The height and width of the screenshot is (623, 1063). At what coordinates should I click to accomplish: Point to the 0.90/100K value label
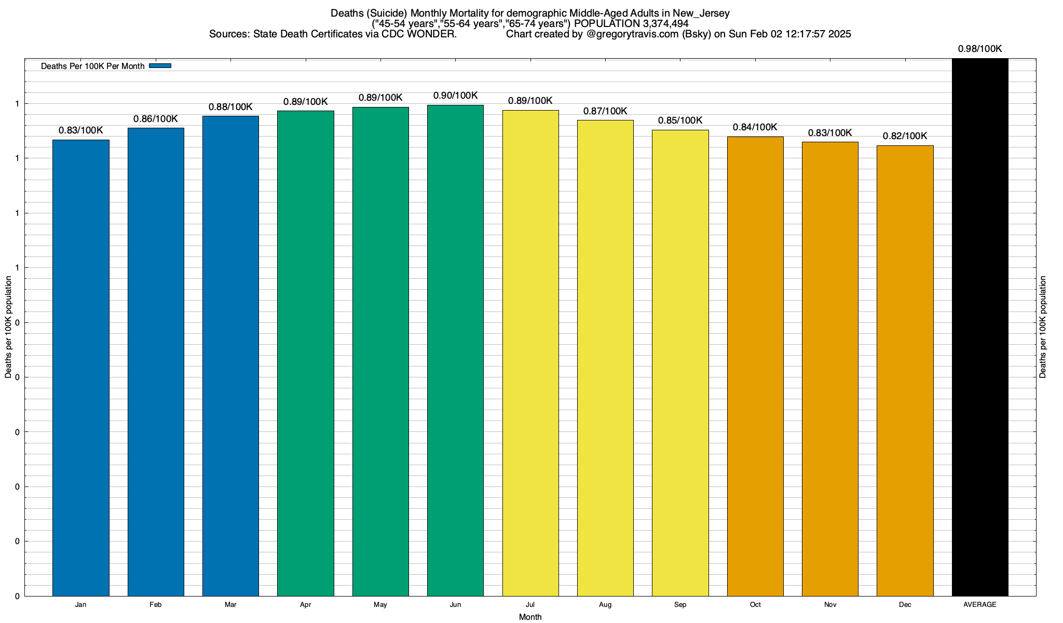point(455,96)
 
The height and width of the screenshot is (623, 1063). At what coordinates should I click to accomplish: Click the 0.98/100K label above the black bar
point(980,49)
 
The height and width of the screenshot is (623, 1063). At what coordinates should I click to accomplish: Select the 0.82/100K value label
point(905,136)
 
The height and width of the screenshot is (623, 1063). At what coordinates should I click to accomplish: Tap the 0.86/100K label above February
point(156,119)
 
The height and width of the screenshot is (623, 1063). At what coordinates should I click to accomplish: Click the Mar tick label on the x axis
point(230,605)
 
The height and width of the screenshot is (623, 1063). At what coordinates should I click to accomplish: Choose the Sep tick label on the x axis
point(680,605)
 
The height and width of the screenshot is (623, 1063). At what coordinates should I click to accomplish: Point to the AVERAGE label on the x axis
point(980,605)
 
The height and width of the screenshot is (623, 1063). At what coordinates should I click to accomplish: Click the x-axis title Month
point(530,617)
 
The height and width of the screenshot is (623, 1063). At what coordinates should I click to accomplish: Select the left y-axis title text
point(8,327)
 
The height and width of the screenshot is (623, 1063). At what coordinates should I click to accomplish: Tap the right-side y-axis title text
point(1043,327)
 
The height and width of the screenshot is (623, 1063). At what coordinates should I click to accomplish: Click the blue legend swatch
point(160,66)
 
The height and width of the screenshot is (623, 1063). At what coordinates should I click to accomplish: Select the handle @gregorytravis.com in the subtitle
point(632,34)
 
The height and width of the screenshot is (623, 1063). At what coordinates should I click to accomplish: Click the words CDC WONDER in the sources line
point(419,34)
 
